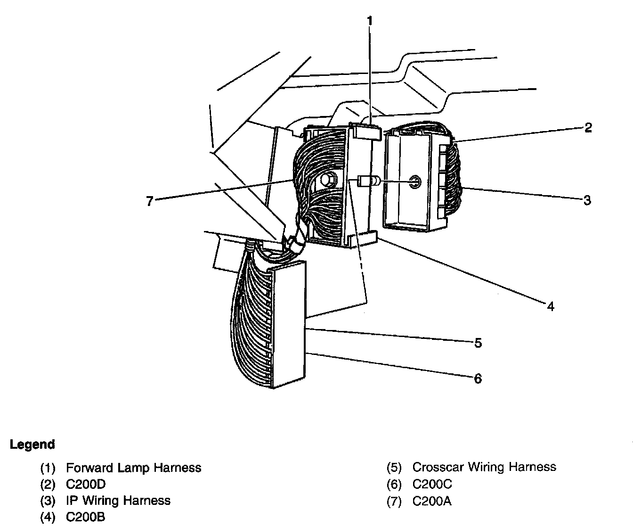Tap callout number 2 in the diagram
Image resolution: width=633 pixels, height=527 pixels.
(x=588, y=128)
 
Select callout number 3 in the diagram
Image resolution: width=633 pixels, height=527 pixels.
(x=587, y=200)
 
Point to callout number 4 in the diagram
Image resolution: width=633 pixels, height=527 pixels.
(x=551, y=306)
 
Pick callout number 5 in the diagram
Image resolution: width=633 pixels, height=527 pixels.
(x=478, y=343)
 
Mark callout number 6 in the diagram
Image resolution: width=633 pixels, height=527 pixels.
(x=478, y=379)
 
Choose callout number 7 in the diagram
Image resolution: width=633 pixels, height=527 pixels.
(x=150, y=201)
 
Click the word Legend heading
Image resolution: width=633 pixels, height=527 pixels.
(x=32, y=445)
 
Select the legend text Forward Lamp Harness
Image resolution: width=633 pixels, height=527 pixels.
(x=134, y=468)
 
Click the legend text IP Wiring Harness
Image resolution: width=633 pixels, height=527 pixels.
(x=118, y=500)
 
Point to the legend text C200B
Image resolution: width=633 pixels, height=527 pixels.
(x=86, y=517)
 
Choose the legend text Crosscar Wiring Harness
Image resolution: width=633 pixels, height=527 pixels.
(x=484, y=467)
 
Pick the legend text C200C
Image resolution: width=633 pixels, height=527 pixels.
(x=432, y=484)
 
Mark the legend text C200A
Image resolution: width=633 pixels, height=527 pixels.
(x=432, y=501)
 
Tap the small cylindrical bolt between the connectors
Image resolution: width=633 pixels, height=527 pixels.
(x=367, y=181)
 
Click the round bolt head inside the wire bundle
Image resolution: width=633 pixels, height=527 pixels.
(x=327, y=180)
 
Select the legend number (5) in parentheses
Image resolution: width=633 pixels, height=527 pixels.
(x=394, y=468)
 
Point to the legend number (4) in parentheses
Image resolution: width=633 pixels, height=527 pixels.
(x=48, y=517)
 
